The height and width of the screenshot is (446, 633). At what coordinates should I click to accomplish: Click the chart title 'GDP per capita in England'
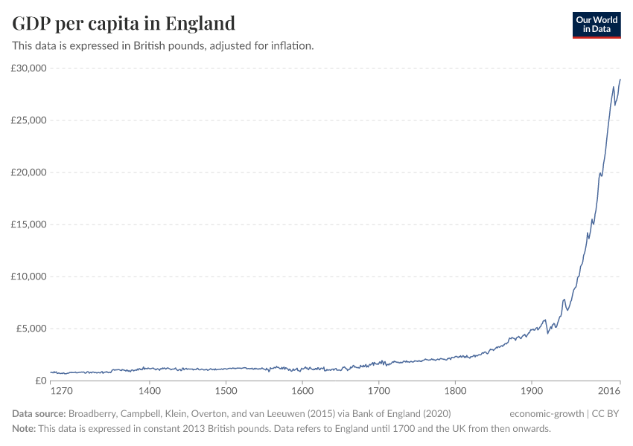coord(124,23)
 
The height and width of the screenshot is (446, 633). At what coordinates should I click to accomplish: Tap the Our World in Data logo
coord(596,25)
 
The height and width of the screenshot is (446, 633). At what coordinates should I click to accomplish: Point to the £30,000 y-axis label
coord(29,68)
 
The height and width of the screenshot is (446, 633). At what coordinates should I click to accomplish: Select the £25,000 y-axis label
coord(29,120)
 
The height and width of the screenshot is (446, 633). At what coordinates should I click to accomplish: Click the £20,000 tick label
coord(29,172)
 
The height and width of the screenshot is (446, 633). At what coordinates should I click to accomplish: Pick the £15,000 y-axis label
coord(29,224)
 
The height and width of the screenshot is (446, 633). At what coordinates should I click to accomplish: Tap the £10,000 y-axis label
coord(29,277)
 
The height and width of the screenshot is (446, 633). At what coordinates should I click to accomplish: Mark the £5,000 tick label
coord(31,329)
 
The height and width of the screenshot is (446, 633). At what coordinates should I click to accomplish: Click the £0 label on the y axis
coord(40,381)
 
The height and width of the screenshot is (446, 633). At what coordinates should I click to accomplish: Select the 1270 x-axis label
coord(61,390)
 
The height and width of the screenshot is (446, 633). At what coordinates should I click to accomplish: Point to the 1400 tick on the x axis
coord(150,390)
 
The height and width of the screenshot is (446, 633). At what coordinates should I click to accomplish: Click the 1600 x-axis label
coord(302,390)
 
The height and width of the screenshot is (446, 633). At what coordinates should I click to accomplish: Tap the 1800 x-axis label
coord(455,390)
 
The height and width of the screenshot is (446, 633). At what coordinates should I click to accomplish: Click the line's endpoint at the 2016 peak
coord(620,80)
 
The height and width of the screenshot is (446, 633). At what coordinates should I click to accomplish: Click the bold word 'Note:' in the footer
coord(26,429)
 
